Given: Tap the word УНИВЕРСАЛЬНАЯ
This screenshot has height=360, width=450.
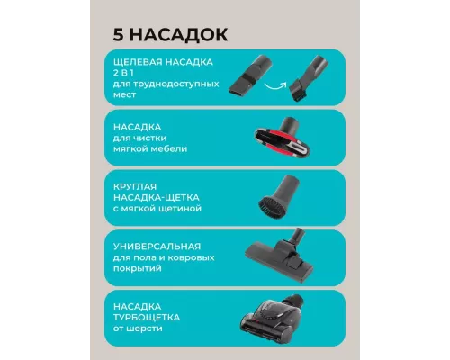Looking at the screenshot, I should click(x=151, y=247).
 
